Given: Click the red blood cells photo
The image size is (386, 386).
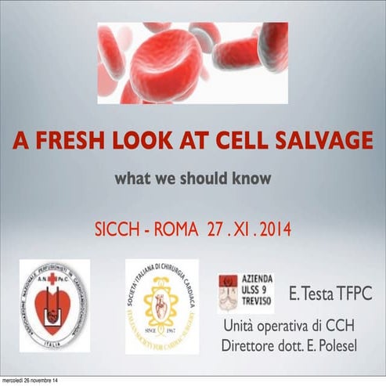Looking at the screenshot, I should point(193,63).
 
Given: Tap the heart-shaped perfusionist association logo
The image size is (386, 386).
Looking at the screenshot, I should point(55,305).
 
